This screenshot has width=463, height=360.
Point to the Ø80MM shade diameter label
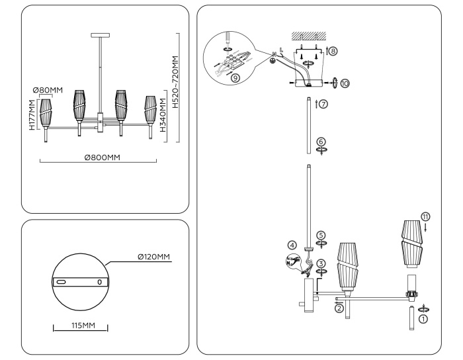(x=48, y=91)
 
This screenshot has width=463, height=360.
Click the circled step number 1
(x=424, y=318)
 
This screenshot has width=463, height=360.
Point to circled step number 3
(x=321, y=263)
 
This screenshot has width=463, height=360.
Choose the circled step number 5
(x=321, y=235)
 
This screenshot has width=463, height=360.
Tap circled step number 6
(x=321, y=142)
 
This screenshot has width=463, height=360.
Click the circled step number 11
(x=425, y=215)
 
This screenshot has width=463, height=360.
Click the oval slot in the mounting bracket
(x=61, y=281)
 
